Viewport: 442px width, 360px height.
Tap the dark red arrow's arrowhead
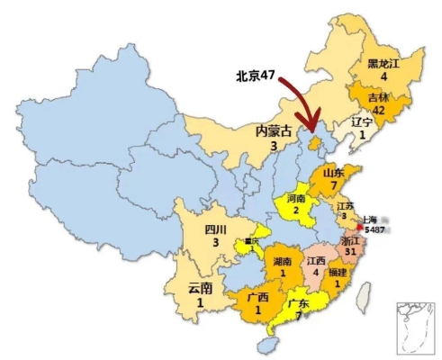point(311,134)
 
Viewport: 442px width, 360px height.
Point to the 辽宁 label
point(361,121)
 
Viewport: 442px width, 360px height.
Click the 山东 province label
point(333,172)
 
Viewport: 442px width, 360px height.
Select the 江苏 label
point(346,206)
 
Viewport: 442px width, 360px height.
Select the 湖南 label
point(281,262)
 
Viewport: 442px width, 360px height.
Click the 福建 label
point(338,272)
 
